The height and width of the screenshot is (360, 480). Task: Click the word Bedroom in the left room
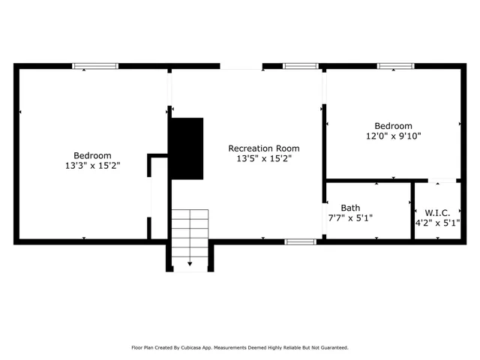(x=92, y=155)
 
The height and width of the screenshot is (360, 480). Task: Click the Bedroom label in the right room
(x=394, y=126)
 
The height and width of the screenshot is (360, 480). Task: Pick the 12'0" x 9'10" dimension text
(x=394, y=136)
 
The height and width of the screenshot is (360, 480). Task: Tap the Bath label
(x=350, y=208)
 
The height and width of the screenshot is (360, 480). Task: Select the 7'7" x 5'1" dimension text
(x=350, y=217)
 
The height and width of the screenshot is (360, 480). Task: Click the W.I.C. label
(x=437, y=212)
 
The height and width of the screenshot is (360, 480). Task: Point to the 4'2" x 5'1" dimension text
(x=437, y=222)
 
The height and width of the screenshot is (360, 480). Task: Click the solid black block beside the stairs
(x=187, y=148)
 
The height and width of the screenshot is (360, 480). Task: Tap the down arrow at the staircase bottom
(x=189, y=263)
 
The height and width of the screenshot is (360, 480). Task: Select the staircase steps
(x=189, y=232)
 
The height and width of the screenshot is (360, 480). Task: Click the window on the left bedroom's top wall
(x=95, y=66)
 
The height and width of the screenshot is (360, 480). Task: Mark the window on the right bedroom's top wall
(x=396, y=66)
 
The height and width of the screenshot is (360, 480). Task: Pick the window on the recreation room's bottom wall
(x=300, y=241)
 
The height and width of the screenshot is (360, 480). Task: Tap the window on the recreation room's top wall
(x=301, y=66)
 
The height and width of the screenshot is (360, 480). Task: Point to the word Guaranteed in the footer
(x=331, y=347)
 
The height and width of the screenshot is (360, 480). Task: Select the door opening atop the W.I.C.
(x=442, y=181)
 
